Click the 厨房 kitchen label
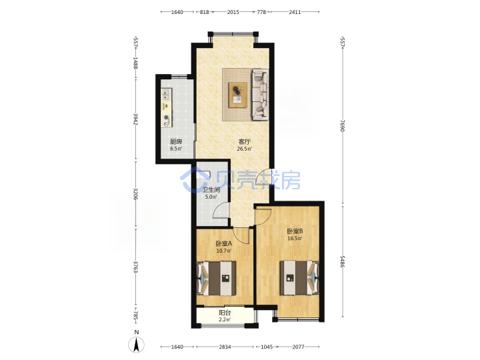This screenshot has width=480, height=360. pyautogui.click(x=176, y=142)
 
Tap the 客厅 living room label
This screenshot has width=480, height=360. pyautogui.click(x=244, y=142)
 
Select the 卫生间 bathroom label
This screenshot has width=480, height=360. pyautogui.click(x=211, y=190)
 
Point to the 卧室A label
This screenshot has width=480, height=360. pyautogui.click(x=224, y=244)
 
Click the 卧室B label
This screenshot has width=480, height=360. pyautogui.click(x=295, y=231)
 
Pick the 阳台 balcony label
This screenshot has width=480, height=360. pyautogui.click(x=225, y=313)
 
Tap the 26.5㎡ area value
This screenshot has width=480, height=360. pyautogui.click(x=244, y=149)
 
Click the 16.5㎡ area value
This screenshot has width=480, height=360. pyautogui.click(x=295, y=239)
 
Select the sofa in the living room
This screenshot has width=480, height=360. pyautogui.click(x=260, y=95)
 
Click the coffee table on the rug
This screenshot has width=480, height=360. pyautogui.click(x=238, y=95)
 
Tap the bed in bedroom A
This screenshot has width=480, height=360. pyautogui.click(x=217, y=278)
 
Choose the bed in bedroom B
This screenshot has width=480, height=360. pyautogui.click(x=299, y=278)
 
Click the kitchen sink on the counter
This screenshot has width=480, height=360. pyautogui.click(x=165, y=94)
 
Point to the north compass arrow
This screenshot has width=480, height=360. pyautogui.click(x=136, y=345)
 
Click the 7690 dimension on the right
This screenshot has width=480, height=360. pyautogui.click(x=342, y=125)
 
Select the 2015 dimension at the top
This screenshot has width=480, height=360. pyautogui.click(x=233, y=12)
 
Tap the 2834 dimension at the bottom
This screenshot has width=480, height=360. pyautogui.click(x=225, y=347)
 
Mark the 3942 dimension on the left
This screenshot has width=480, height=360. pyautogui.click(x=135, y=119)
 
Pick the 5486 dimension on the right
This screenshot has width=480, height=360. pyautogui.click(x=342, y=261)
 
